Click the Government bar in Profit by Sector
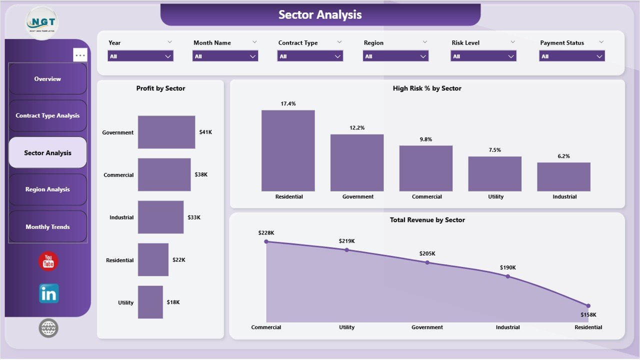(166, 132)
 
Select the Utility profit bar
(150, 302)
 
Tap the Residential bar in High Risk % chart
(288, 150)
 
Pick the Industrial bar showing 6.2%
(563, 176)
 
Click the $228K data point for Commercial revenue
(266, 241)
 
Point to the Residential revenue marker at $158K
(588, 305)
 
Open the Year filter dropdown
(140, 56)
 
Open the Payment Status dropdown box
(572, 56)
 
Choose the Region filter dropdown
(395, 56)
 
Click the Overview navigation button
(47, 79)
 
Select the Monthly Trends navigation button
(47, 227)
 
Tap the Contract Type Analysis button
(47, 115)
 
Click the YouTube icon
(48, 261)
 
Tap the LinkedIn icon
(48, 293)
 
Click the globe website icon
(48, 328)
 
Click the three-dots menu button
(80, 55)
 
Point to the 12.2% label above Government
(357, 128)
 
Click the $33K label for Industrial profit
(194, 217)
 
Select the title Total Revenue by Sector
(427, 220)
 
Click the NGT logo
(41, 23)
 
